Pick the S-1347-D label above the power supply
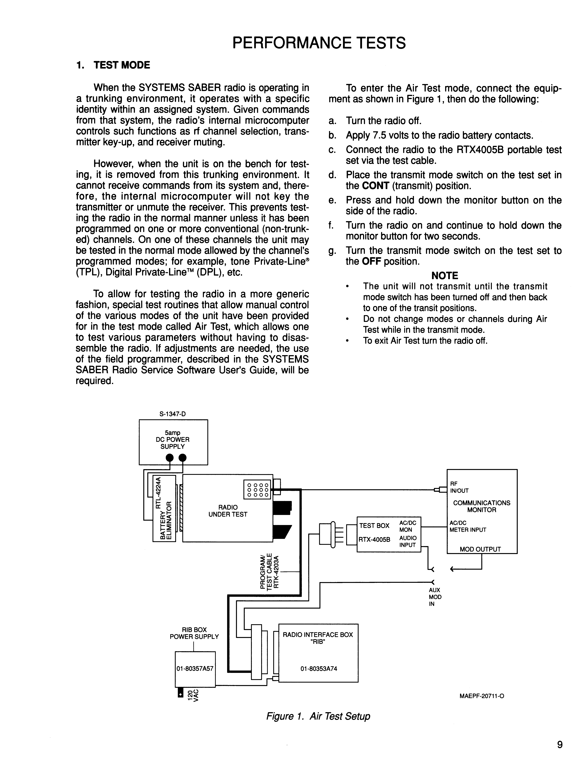pos(172,414)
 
